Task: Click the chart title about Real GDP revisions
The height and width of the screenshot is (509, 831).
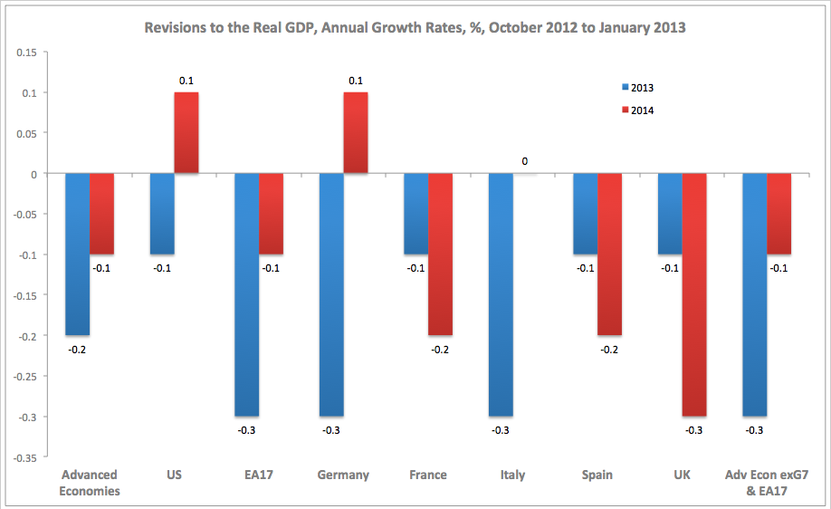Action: [415, 27]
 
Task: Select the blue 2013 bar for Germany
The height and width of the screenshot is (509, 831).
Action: [331, 294]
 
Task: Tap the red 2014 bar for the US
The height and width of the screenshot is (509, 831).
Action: [186, 133]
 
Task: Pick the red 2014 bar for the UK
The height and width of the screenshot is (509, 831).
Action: [694, 294]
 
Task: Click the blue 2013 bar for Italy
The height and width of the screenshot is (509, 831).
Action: [501, 294]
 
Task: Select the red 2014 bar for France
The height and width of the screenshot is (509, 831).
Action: [441, 254]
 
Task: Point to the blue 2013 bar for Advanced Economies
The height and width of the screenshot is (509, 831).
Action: [78, 254]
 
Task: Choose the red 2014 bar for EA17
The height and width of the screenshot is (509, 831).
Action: [271, 214]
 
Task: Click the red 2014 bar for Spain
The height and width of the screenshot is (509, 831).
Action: [610, 254]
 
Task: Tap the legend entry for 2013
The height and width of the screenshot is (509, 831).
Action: [638, 88]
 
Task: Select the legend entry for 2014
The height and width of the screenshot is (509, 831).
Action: [638, 110]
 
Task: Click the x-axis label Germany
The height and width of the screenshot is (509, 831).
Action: [343, 475]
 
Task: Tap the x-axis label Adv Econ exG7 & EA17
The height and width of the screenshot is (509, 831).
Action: [767, 483]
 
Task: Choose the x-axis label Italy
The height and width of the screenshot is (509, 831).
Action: [512, 475]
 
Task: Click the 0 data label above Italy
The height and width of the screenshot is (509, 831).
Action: [524, 162]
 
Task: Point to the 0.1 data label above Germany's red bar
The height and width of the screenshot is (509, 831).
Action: [356, 81]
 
